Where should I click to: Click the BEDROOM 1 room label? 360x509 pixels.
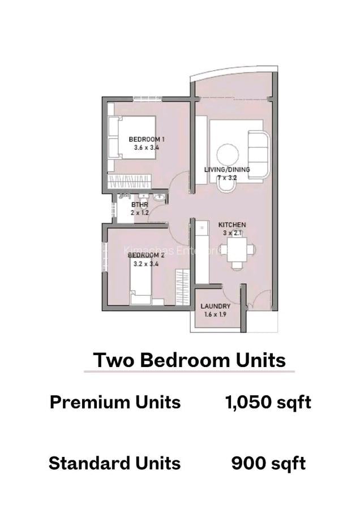(146, 139)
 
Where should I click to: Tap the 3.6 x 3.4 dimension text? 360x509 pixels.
(146, 148)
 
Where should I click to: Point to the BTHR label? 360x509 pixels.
(139, 205)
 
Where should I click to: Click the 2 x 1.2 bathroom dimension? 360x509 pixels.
(139, 213)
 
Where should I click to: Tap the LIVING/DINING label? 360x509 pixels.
(227, 169)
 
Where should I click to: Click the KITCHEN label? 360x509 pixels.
(232, 225)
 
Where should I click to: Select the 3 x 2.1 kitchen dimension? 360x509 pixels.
(232, 233)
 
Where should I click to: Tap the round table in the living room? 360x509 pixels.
(228, 154)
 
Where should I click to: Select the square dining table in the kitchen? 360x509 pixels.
(237, 249)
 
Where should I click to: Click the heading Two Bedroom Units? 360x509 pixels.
(189, 360)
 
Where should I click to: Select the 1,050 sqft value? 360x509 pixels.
(268, 403)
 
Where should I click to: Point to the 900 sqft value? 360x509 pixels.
(268, 464)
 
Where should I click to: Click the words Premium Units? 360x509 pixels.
(115, 403)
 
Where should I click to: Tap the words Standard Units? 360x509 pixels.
(114, 464)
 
